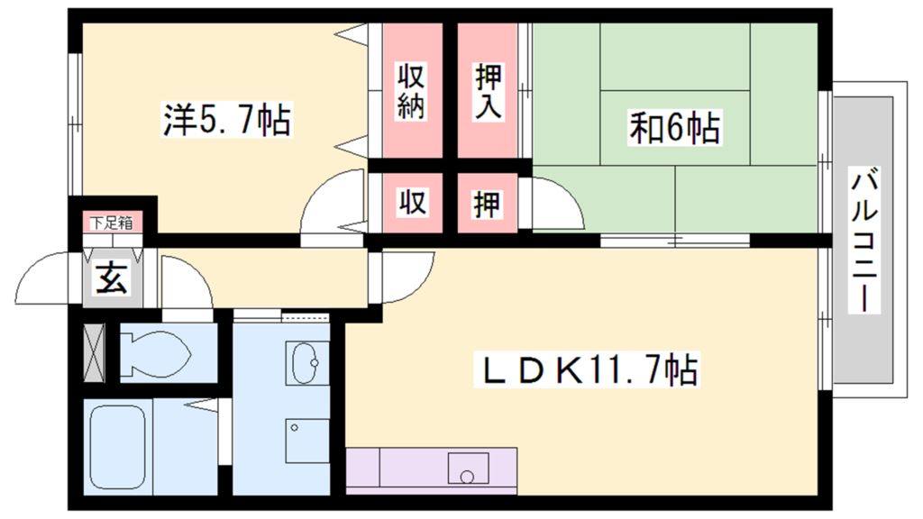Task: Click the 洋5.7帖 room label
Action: (226, 119)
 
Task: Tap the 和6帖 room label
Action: (674, 129)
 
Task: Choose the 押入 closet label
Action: (488, 90)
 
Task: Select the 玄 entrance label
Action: (111, 278)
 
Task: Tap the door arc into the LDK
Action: (406, 276)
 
